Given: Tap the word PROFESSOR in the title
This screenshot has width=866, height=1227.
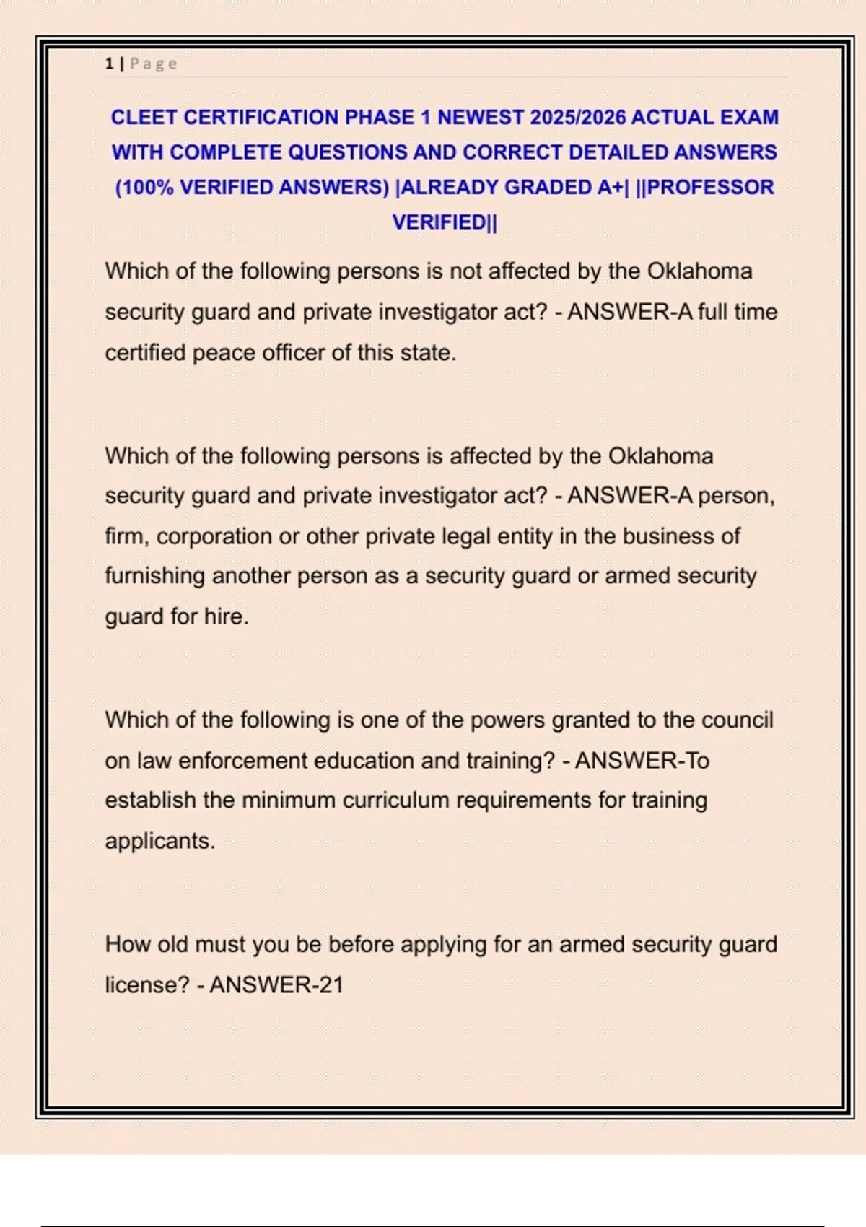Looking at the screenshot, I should tap(710, 187).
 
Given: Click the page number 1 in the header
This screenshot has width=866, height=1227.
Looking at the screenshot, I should tap(109, 64).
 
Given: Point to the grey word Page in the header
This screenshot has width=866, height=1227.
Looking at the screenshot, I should tap(154, 64).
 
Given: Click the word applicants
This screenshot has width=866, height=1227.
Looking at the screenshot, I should tap(159, 841).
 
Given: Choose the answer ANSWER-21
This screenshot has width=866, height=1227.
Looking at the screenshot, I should tap(276, 984).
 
